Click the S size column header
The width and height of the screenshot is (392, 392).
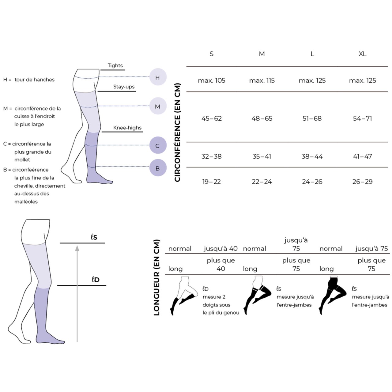tap(211, 54)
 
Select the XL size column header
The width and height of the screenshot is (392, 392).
tap(362, 54)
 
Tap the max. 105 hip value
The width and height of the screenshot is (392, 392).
tap(211, 81)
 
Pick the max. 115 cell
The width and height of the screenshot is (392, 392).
tap(262, 81)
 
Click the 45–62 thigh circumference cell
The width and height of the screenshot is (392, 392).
tap(211, 119)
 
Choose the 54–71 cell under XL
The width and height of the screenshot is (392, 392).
tap(362, 119)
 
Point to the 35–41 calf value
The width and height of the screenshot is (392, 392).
tap(262, 156)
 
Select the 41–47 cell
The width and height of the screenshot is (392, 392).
tap(362, 156)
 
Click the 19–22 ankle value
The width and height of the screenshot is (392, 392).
tap(211, 182)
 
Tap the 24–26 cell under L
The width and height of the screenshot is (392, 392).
tap(312, 182)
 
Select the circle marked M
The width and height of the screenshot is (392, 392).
tap(158, 106)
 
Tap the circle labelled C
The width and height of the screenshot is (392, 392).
tap(158, 145)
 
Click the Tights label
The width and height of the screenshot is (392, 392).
tap(115, 66)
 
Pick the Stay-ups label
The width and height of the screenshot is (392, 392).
tap(124, 87)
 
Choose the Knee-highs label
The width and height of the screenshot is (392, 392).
tap(127, 128)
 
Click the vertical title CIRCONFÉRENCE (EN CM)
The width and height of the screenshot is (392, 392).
tap(177, 132)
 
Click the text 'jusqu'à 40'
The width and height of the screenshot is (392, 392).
tap(221, 249)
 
